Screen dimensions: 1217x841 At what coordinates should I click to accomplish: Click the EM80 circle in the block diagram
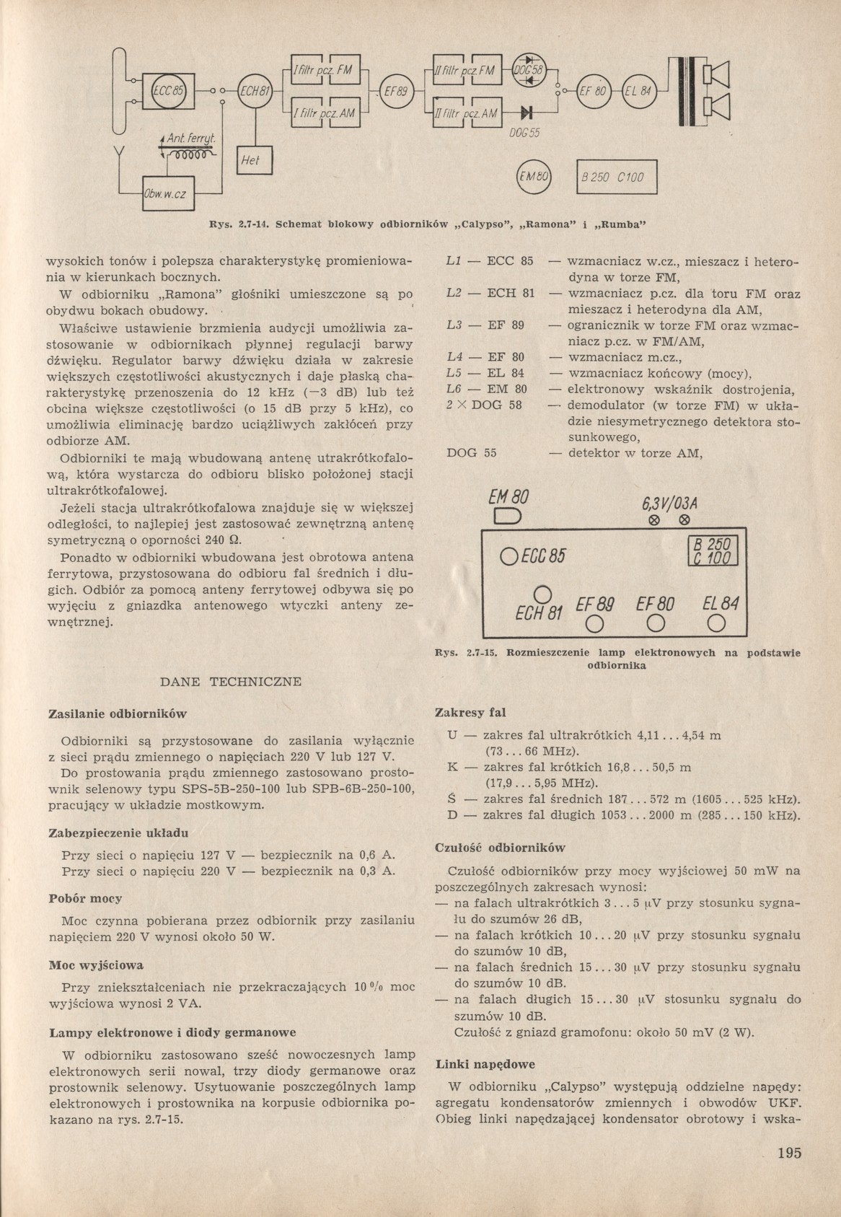click(534, 177)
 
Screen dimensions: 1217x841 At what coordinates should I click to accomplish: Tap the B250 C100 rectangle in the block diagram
click(617, 177)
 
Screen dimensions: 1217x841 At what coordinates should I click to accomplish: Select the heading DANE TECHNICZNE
click(230, 681)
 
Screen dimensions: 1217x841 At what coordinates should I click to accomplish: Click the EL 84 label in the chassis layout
click(714, 602)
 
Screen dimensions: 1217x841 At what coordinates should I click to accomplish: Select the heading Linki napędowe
click(485, 1064)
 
